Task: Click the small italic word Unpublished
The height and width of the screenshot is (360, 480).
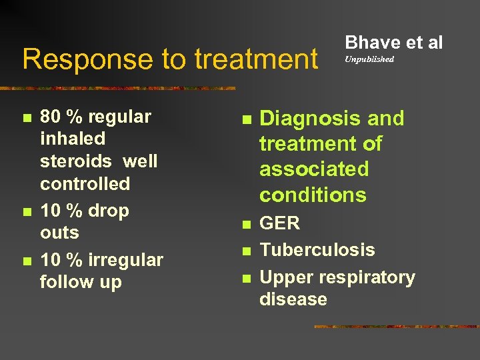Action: coord(369,59)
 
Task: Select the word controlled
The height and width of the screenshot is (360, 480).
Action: coord(85,183)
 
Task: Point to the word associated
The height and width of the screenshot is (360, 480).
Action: coord(313,169)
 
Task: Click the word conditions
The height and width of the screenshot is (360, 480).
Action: coord(313,195)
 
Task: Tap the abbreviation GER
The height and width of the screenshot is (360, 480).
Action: coord(279,223)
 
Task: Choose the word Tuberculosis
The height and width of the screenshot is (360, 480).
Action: coord(317,250)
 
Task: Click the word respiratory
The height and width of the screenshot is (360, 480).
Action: coord(363,277)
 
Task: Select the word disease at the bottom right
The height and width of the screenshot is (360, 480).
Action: coord(293,299)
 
